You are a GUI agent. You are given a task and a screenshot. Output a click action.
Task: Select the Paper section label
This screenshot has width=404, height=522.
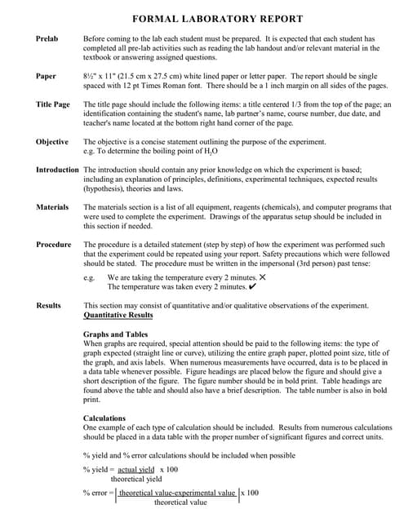(x=46, y=76)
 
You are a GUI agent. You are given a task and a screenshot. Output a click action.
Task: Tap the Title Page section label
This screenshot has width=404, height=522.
(x=53, y=104)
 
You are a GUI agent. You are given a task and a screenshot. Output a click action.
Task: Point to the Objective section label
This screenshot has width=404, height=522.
(x=52, y=142)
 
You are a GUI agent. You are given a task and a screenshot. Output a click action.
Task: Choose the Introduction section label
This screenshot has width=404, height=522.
(x=57, y=170)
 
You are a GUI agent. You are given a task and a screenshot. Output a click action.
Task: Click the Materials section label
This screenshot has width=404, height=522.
(x=52, y=207)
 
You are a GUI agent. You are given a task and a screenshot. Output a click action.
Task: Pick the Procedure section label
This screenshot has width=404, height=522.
(x=54, y=245)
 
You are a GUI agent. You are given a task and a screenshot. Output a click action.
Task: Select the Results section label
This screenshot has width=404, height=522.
(x=49, y=305)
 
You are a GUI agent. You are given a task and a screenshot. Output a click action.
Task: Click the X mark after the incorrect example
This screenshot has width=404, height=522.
(x=262, y=277)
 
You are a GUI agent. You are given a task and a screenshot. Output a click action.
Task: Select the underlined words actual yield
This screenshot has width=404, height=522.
(x=135, y=470)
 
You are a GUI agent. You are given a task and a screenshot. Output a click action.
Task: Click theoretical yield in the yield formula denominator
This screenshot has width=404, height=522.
(x=136, y=480)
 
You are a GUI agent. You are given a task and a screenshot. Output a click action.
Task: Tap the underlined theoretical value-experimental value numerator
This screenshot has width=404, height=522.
(x=177, y=493)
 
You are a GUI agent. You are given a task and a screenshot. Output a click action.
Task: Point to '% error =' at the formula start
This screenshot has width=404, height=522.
(x=98, y=493)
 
